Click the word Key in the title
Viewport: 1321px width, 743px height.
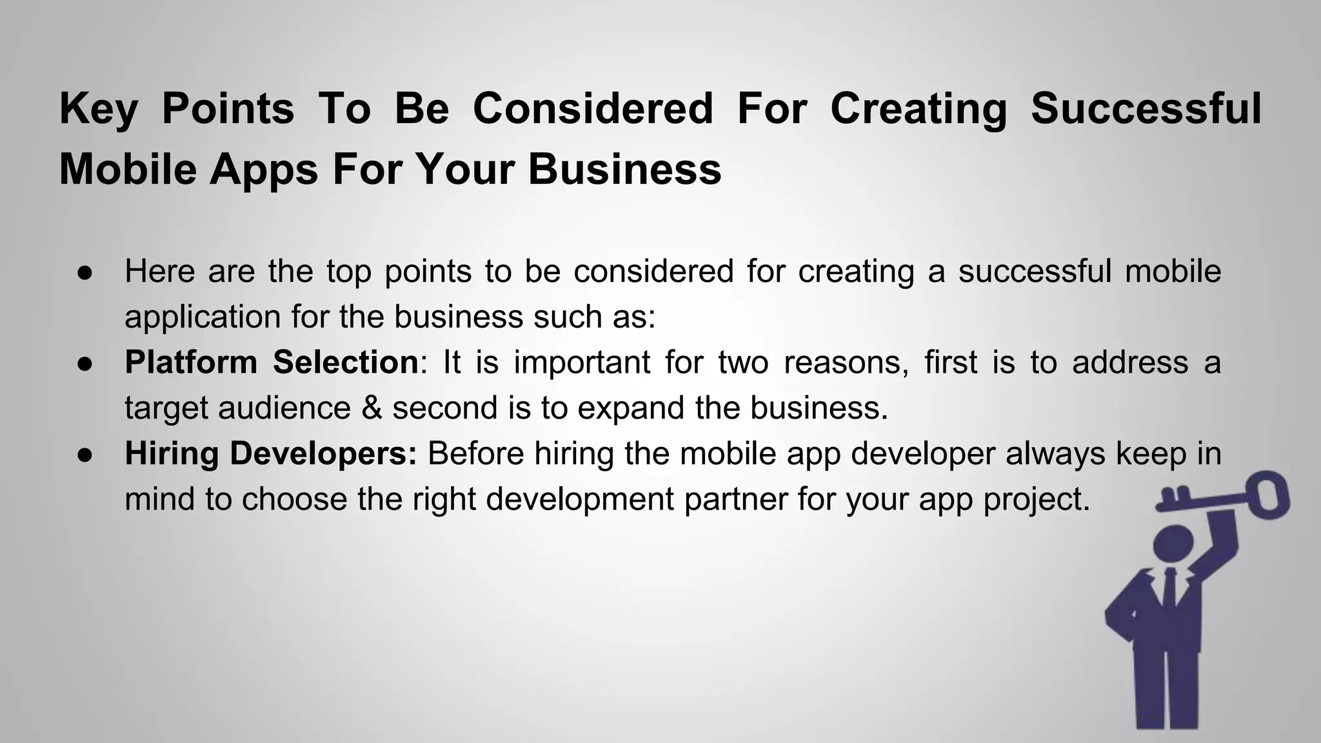click(98, 109)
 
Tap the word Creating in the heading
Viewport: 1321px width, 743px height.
click(919, 109)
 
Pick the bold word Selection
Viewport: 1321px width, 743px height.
click(346, 362)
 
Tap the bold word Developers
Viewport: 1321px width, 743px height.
click(323, 454)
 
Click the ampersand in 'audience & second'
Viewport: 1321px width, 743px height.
click(372, 408)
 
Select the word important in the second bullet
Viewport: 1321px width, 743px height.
click(582, 362)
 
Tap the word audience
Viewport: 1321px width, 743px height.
click(284, 408)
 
